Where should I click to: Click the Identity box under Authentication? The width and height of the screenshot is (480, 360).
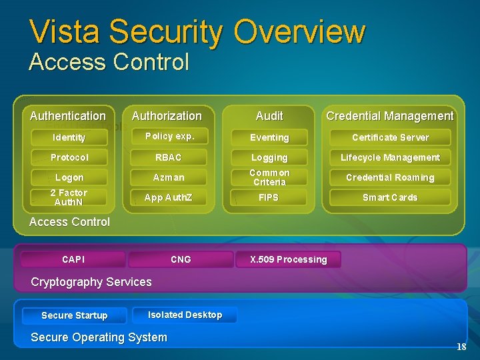[x=69, y=137]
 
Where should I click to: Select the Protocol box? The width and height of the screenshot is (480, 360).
[x=69, y=157]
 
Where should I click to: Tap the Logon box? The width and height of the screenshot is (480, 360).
[x=69, y=177]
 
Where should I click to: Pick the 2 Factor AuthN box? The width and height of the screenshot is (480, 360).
[x=69, y=197]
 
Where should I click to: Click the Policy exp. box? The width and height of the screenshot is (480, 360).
[x=169, y=137]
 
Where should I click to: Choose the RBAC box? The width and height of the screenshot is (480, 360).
[x=169, y=157]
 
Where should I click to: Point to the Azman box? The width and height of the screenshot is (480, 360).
[x=169, y=177]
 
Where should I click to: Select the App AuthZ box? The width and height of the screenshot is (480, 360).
[x=169, y=197]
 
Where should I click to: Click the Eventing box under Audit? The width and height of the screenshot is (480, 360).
[x=269, y=137]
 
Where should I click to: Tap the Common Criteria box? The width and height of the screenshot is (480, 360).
[x=269, y=177]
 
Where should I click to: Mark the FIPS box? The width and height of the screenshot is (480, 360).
[x=269, y=197]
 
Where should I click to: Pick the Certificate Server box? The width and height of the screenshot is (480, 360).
[x=390, y=137]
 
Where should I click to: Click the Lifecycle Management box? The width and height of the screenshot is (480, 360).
[x=390, y=157]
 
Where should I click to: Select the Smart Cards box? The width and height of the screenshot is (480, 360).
[x=390, y=197]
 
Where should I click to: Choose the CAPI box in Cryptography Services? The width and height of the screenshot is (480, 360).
[x=73, y=259]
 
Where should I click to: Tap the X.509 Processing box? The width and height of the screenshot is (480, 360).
[x=288, y=259]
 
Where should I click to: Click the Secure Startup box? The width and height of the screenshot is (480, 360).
[x=74, y=315]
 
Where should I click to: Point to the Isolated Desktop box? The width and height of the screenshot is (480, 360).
[x=185, y=315]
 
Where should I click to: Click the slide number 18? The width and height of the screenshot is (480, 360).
[x=461, y=347]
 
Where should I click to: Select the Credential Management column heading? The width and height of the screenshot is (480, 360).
[x=390, y=116]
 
